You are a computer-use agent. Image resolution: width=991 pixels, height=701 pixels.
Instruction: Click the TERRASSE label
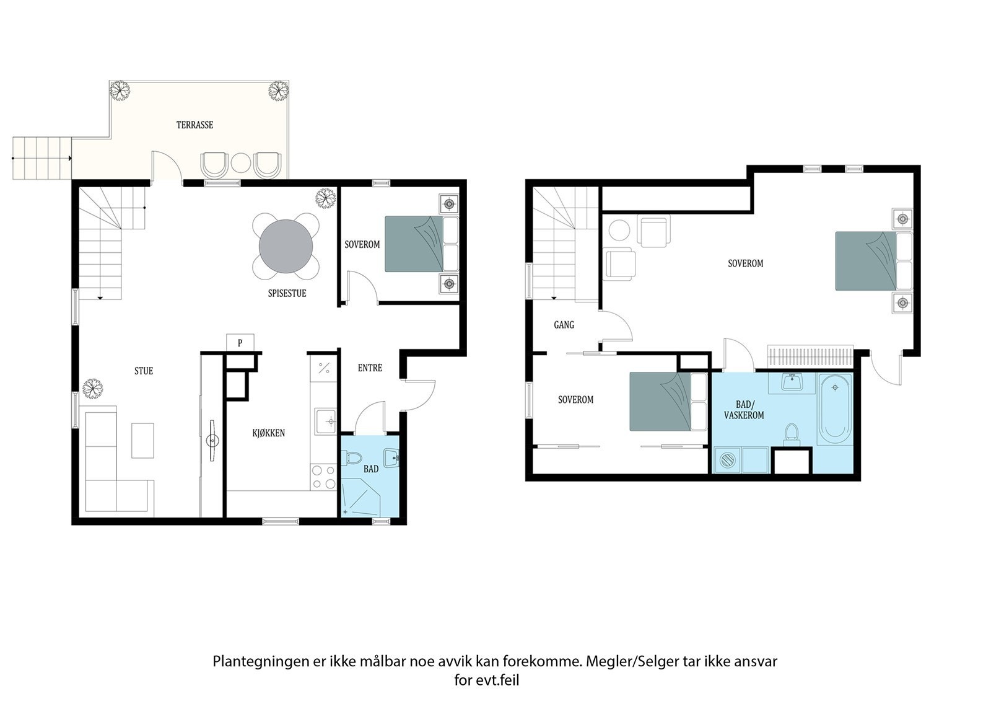tap(194, 125)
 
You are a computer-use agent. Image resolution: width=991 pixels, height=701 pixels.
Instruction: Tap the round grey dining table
tap(286, 246)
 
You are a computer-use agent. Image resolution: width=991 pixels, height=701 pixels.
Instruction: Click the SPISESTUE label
tap(287, 293)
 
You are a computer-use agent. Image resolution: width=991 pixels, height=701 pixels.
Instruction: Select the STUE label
tap(144, 371)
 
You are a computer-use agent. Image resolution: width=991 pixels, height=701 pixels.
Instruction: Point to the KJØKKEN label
tap(269, 433)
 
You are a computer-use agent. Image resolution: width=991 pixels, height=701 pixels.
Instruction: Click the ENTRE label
tap(370, 368)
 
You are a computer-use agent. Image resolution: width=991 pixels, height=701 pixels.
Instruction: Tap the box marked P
tap(240, 342)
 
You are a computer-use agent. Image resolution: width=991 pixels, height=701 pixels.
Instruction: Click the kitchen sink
tap(326, 421)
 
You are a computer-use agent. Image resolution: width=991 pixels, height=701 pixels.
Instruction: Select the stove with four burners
tap(324, 477)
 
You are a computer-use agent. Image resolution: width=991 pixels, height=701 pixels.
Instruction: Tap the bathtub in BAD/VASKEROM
tap(835, 409)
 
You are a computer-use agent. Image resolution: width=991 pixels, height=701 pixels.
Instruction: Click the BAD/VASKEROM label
tap(744, 410)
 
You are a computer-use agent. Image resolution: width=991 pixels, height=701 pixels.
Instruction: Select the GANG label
tap(564, 325)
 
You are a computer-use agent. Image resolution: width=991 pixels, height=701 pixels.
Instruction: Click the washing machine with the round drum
tap(728, 460)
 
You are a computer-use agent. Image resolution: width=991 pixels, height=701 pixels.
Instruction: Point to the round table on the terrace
tap(241, 164)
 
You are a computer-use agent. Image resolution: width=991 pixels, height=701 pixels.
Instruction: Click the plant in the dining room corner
tap(326, 198)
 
